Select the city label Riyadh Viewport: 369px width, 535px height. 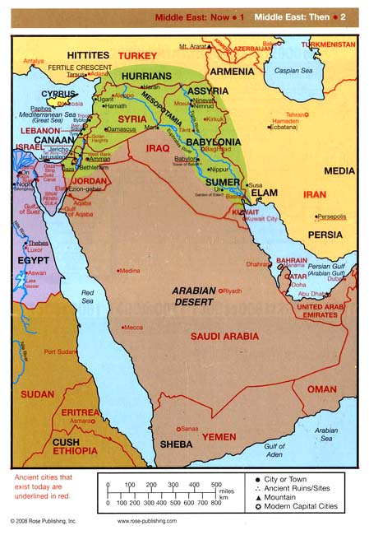tap(233, 291)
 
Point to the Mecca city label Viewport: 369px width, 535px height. tap(133, 328)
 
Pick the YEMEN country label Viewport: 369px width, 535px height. tap(219, 436)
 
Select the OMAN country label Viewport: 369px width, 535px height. tap(321, 389)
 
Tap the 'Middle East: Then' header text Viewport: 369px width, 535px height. tap(297, 16)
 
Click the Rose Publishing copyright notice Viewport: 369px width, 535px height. tap(43, 521)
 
